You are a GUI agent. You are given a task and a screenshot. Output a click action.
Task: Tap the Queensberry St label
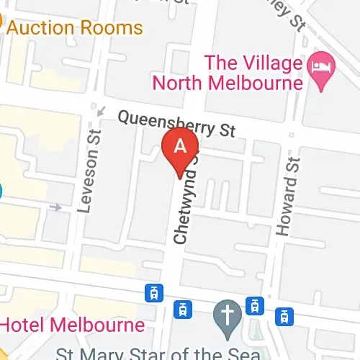[176, 123]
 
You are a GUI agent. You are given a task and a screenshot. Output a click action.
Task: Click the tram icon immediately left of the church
[184, 310]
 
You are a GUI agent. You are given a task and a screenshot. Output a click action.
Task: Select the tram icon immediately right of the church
[254, 305]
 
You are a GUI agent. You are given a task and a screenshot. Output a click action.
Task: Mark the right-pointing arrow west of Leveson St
[56, 208]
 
